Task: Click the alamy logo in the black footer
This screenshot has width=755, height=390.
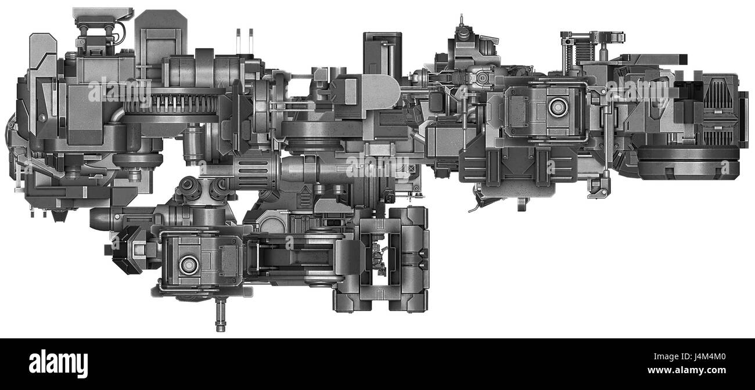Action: coord(58,364)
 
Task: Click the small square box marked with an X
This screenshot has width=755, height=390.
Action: coord(412,169)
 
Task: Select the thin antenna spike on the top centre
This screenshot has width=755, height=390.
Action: coord(462,21)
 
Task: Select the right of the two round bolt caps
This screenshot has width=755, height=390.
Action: coord(218,187)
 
